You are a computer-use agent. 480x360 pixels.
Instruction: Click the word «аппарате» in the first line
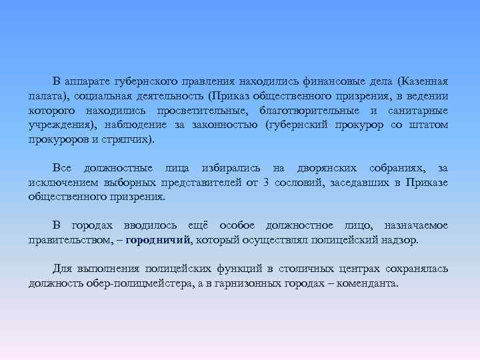coord(88,81)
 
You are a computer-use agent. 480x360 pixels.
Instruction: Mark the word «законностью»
coord(221,125)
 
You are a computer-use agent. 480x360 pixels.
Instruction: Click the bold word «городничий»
coord(159,239)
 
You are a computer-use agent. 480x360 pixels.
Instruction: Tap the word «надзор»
coord(401,239)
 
